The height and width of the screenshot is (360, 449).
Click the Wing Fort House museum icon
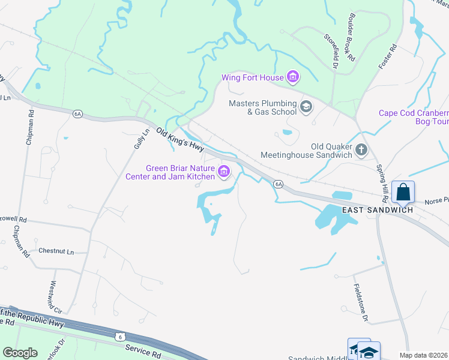[x=293, y=77]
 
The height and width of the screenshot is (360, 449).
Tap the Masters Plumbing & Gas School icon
[x=306, y=107]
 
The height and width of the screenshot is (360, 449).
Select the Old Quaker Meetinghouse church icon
[x=361, y=150]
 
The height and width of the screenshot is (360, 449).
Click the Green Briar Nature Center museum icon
[x=224, y=172]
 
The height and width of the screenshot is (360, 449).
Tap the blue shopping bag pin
[x=403, y=193]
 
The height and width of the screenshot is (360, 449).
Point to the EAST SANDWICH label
[x=378, y=210]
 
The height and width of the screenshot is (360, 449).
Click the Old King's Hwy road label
[x=180, y=140]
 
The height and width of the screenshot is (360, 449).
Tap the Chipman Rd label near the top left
[x=30, y=127]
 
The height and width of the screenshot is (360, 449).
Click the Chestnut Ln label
[x=55, y=251]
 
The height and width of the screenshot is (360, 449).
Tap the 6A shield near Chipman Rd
[x=77, y=113]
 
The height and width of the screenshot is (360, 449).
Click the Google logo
[x=20, y=352]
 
